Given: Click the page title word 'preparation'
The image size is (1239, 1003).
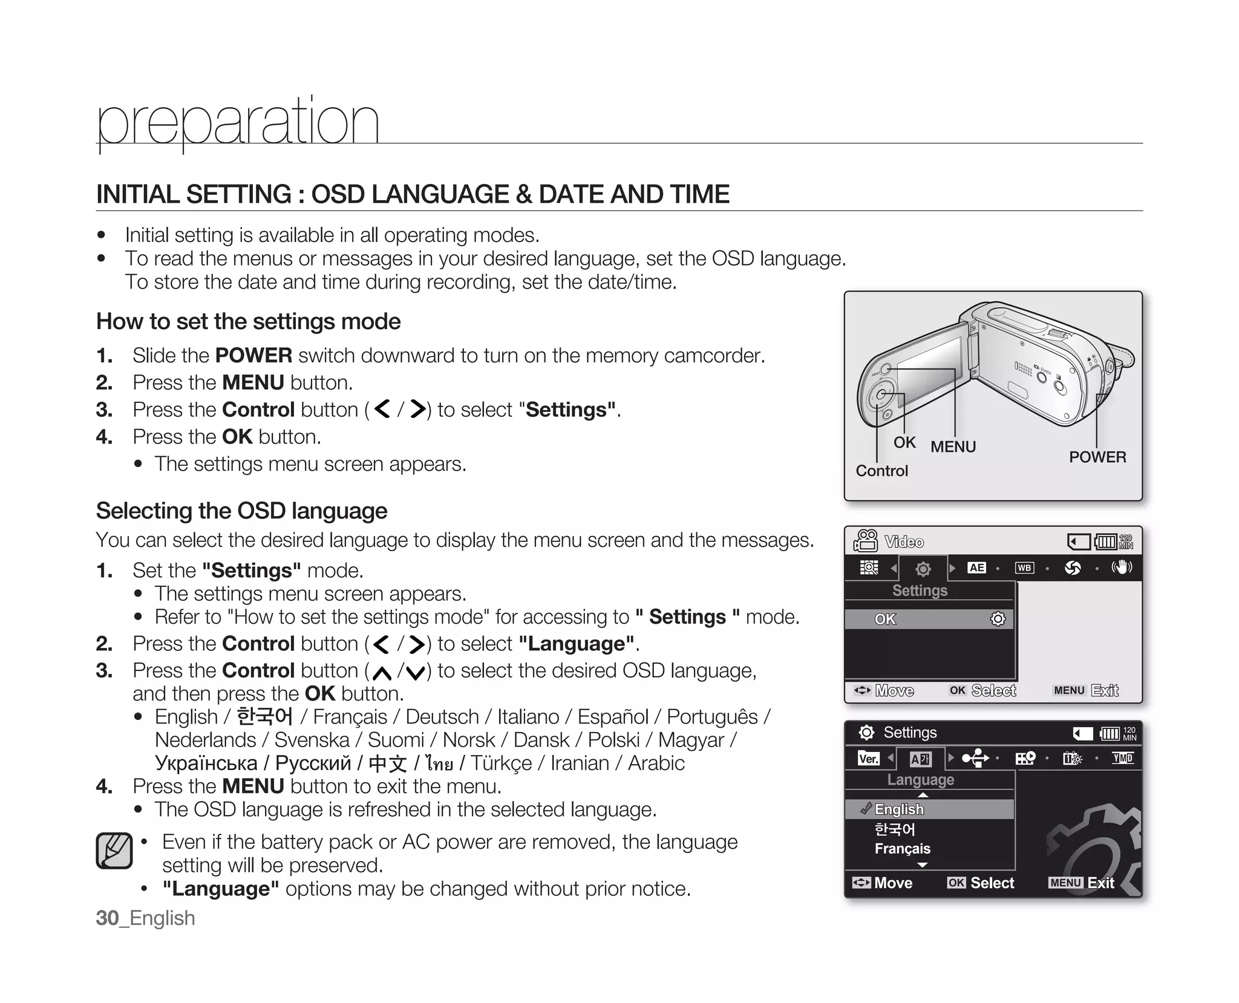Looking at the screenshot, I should pos(238,122).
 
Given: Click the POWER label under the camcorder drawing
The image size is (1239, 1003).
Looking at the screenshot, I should pos(1097,457).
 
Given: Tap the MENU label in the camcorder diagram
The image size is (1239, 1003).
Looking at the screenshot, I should pos(953,447).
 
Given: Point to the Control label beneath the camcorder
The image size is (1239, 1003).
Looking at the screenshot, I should pos(881,471).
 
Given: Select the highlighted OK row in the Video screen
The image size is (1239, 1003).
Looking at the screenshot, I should pos(929,619).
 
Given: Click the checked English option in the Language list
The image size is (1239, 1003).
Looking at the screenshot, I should pos(899,809).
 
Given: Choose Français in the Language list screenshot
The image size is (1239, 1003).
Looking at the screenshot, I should pos(902,849).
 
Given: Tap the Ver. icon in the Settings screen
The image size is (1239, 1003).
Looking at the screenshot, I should pos(868,759).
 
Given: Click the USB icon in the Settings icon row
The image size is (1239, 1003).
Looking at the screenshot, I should pos(975,758).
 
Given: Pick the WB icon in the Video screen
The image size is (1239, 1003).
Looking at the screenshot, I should pos(1024,568).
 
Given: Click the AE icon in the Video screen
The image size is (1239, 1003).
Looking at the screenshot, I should pos(976,568).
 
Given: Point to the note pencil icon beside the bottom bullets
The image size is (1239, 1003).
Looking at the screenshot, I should pos(114,851).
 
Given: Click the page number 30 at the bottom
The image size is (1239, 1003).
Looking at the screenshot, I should pos(107,918).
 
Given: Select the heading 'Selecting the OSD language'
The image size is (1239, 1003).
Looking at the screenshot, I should pos(241,511).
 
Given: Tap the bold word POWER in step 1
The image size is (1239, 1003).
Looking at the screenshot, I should pos(253,356).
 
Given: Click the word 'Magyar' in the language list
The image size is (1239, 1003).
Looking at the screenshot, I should pos(691,740).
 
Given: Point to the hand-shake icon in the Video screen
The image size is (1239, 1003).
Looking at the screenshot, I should pos(1122,567).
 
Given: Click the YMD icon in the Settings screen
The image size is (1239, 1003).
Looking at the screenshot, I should pos(1122,758).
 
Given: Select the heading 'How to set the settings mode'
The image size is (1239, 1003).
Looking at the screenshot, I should pos(248,322).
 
